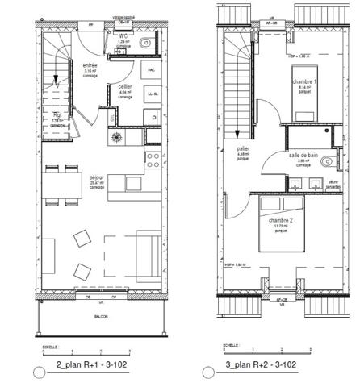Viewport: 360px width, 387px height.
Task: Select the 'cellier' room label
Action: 124,86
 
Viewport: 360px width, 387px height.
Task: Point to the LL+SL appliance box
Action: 151,94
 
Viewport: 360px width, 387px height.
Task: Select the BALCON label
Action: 100,318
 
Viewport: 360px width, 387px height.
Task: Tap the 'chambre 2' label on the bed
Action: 281,220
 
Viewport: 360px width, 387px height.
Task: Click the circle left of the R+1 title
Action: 37,372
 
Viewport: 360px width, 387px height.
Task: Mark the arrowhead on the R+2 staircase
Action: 237,132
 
